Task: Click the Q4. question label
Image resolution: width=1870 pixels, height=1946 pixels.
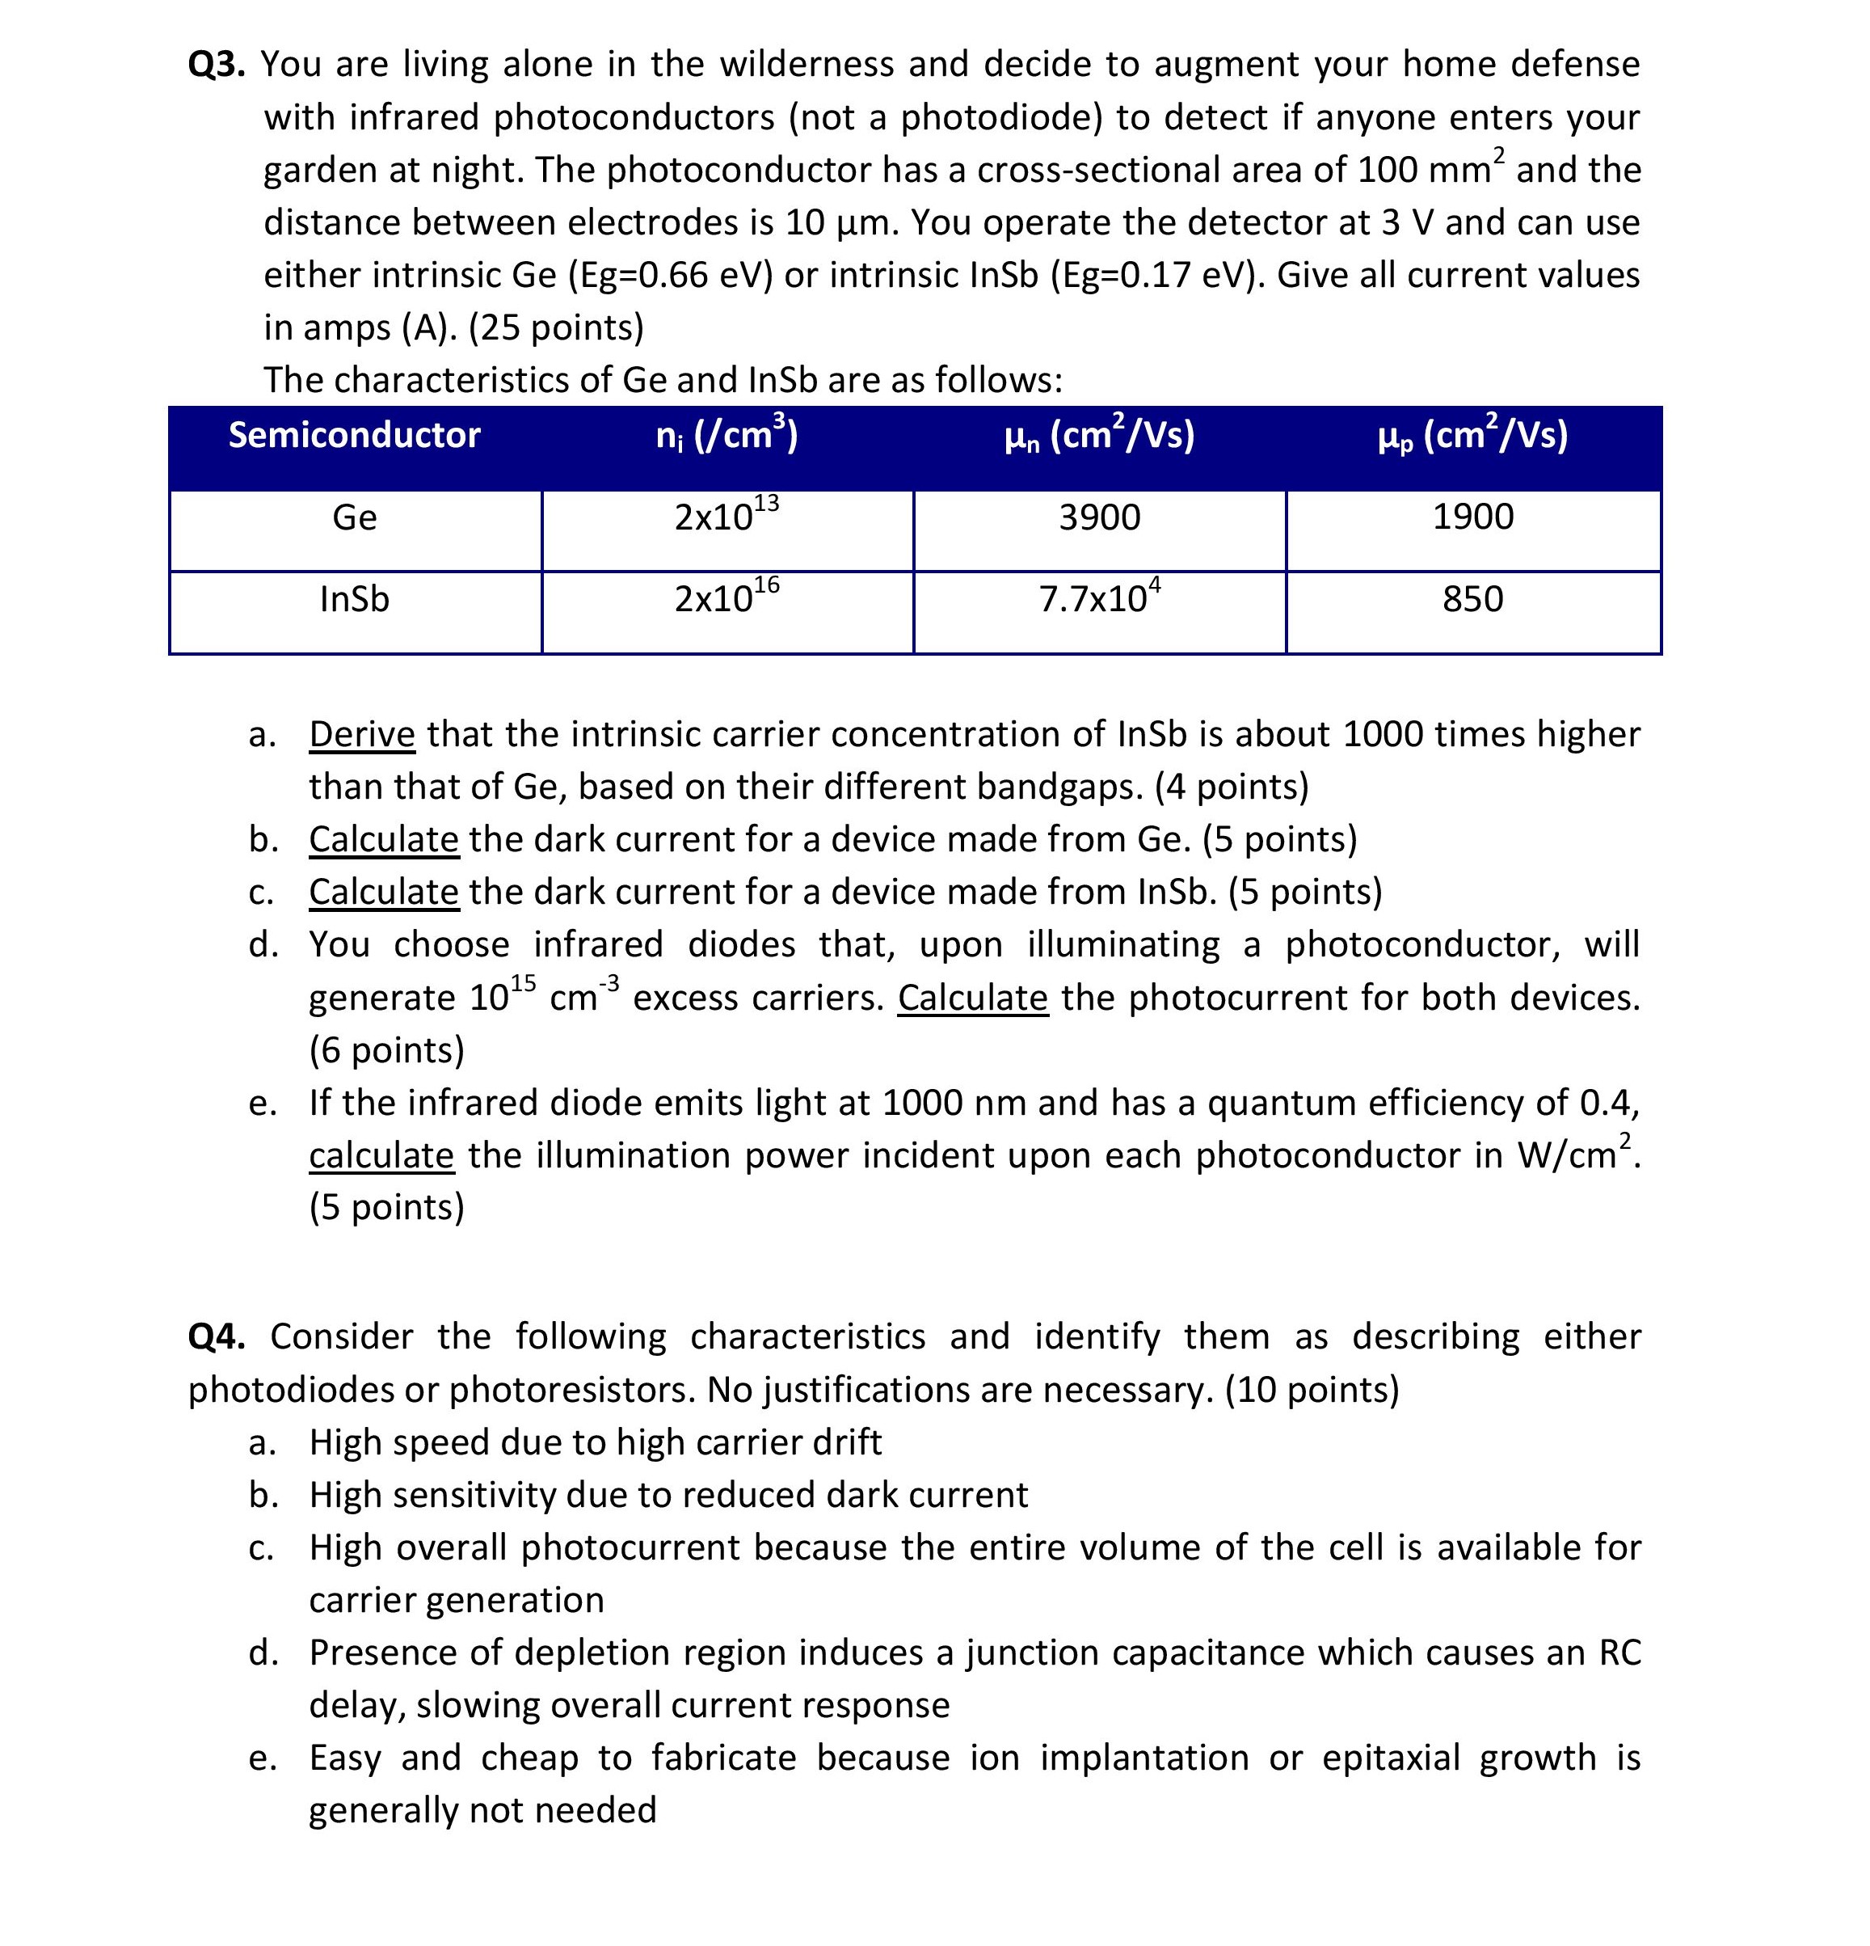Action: pos(216,1336)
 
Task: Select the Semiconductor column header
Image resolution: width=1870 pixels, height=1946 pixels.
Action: pos(354,435)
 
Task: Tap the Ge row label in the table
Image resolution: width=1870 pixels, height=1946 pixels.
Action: pos(354,517)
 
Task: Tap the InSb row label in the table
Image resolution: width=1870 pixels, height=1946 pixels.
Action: pos(354,600)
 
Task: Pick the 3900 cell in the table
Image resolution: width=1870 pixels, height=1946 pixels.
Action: pos(1100,517)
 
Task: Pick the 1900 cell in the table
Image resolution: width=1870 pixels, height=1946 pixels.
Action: pos(1473,517)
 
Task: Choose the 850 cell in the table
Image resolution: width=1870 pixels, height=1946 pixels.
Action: pos(1473,600)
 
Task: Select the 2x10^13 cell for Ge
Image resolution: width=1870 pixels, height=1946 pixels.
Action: pos(727,517)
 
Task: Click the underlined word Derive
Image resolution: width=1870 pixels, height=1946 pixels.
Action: pos(361,735)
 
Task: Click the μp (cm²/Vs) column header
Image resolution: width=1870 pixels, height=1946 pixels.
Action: pos(1473,436)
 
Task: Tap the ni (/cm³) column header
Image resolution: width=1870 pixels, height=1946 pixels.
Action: pos(727,436)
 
